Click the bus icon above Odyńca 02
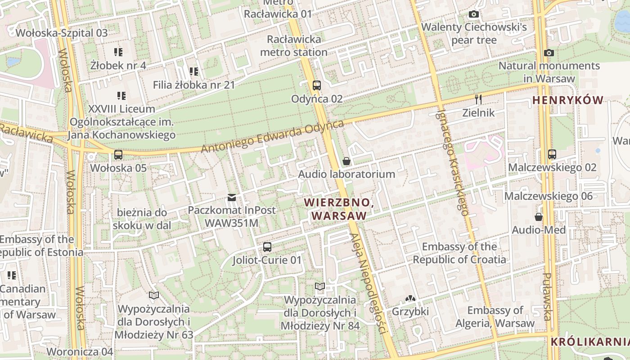point(317,85)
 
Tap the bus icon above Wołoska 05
point(118,155)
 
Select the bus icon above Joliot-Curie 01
point(267,247)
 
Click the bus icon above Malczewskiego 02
point(552,154)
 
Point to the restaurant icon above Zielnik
point(478,99)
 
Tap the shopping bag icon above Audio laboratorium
point(346,161)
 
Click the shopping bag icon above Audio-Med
point(539,217)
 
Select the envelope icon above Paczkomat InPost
point(232,197)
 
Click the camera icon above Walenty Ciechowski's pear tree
point(473,14)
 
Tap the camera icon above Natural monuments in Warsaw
point(549,53)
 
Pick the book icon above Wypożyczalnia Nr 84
point(320,287)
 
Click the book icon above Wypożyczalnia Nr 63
point(154,295)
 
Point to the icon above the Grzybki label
point(410,298)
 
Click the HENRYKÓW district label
point(568,100)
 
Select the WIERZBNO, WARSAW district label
point(339,209)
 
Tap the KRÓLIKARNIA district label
point(590,342)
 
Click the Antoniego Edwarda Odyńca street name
point(273,136)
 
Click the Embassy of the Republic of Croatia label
point(459,253)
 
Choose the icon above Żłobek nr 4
point(118,52)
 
